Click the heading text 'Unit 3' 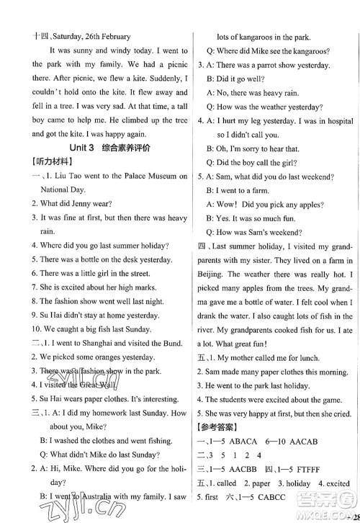pyautogui.click(x=78, y=149)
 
